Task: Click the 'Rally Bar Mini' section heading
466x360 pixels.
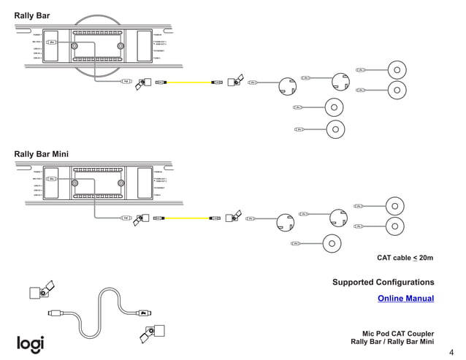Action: pyautogui.click(x=41, y=154)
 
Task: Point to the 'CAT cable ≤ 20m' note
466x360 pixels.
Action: pyautogui.click(x=405, y=258)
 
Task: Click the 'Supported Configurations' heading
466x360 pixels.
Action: pyautogui.click(x=383, y=282)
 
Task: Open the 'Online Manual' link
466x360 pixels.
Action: pyautogui.click(x=405, y=298)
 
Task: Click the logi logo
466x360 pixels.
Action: pyautogui.click(x=31, y=343)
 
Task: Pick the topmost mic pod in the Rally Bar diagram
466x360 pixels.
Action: pyautogui.click(x=395, y=70)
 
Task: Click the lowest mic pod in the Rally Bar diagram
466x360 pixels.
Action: pyautogui.click(x=334, y=129)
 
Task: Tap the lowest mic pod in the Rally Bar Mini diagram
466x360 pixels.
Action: pyautogui.click(x=331, y=243)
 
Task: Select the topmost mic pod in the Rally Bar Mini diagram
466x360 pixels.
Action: pyautogui.click(x=395, y=205)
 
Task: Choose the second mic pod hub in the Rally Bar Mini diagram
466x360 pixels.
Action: pyautogui.click(x=338, y=218)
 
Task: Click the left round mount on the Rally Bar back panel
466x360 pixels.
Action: pyautogui.click(x=75, y=45)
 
